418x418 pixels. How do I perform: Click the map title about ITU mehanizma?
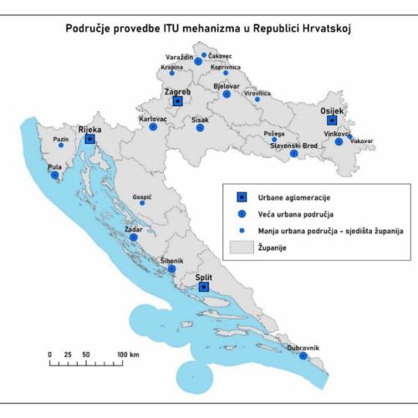[209, 28]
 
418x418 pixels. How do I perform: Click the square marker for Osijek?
[332, 120]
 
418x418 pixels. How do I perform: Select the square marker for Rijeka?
[89, 140]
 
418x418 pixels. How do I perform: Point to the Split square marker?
[204, 287]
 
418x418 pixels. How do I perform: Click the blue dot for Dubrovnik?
[303, 356]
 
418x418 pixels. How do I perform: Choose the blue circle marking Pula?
[54, 176]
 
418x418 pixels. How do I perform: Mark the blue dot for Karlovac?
[153, 127]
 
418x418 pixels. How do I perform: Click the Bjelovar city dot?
[227, 94]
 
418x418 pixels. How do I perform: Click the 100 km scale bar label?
[128, 355]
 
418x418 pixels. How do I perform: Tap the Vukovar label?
[362, 142]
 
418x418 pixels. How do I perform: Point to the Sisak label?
[200, 120]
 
